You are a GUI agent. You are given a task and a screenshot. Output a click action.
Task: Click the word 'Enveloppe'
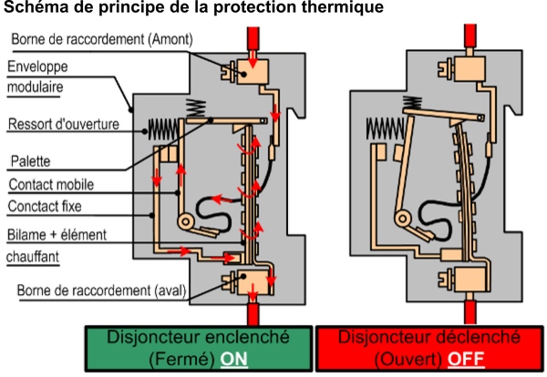pyautogui.click(x=37, y=67)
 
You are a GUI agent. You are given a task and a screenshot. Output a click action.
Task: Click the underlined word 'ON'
pyautogui.click(x=233, y=359)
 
